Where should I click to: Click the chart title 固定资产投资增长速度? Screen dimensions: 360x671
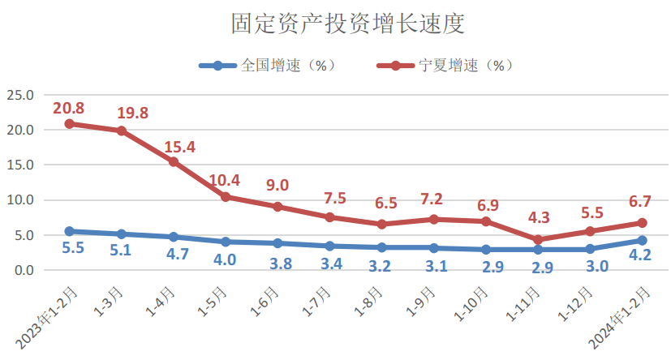[x=335, y=24]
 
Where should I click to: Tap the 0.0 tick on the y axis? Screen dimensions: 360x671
[x=24, y=270]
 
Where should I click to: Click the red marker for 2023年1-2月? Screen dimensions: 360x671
[x=70, y=124]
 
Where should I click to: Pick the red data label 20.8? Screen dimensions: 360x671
[x=69, y=108]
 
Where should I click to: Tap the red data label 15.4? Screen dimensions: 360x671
[x=179, y=148]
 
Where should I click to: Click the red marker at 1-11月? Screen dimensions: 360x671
[x=539, y=240]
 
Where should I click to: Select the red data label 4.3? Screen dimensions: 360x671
[x=539, y=217]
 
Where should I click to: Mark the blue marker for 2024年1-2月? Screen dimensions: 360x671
[x=643, y=240]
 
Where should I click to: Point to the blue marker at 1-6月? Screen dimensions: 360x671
[x=277, y=243]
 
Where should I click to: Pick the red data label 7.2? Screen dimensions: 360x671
[x=433, y=199]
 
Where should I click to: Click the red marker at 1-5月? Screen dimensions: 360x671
[x=226, y=197]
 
